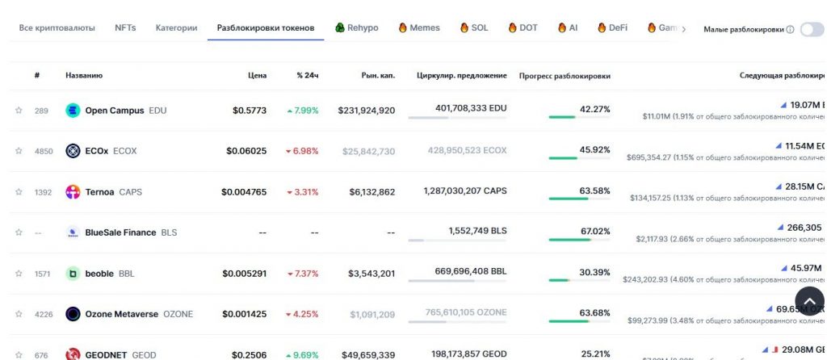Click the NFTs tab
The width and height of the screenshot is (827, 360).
point(125,27)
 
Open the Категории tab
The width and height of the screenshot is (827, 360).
point(176,27)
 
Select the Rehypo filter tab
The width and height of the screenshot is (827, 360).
point(356,27)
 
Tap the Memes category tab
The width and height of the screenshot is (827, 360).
point(419,27)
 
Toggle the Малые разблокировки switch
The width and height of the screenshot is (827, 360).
point(811,29)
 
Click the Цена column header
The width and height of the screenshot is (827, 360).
point(257,76)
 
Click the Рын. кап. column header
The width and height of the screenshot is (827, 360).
point(378,76)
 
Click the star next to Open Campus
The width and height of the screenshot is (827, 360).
point(19,111)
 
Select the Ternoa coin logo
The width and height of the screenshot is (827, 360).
point(73,192)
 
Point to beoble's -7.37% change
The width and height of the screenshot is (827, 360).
point(302,274)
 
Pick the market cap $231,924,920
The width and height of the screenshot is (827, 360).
point(367,111)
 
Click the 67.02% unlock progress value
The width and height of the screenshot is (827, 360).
point(594,231)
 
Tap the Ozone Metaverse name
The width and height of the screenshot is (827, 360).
point(121,314)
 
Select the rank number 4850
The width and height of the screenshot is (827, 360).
point(43,151)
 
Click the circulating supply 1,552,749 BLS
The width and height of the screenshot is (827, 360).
point(477,230)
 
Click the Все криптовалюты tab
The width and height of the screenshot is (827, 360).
point(57,27)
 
